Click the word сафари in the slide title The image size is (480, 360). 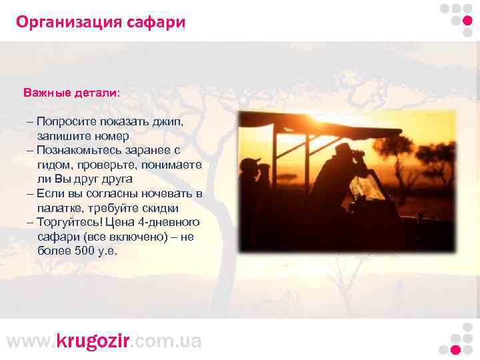(x=157, y=23)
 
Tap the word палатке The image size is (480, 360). (x=58, y=208)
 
